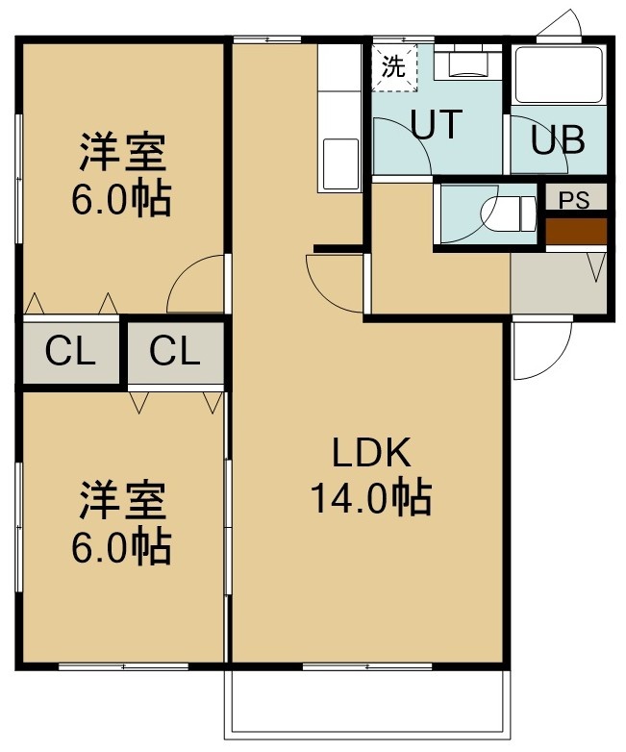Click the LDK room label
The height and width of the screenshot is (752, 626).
click(x=372, y=452)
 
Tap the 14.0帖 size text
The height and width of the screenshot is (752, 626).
click(x=372, y=497)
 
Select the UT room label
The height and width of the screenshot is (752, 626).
click(x=437, y=124)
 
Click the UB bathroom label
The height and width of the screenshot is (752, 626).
click(x=558, y=139)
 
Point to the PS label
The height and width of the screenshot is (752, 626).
click(x=575, y=200)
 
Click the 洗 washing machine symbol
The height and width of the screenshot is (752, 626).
click(x=394, y=67)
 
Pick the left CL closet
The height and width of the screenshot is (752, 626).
click(x=70, y=352)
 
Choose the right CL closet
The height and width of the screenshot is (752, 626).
click(x=175, y=352)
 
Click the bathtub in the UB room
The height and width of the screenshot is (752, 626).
click(x=559, y=74)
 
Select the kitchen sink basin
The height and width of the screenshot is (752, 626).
click(x=340, y=164)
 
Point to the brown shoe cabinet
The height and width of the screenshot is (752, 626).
click(x=576, y=231)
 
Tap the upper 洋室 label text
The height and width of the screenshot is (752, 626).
click(x=123, y=152)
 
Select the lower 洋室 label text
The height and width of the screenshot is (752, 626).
click(x=123, y=501)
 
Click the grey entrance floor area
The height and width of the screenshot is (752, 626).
click(x=559, y=283)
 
